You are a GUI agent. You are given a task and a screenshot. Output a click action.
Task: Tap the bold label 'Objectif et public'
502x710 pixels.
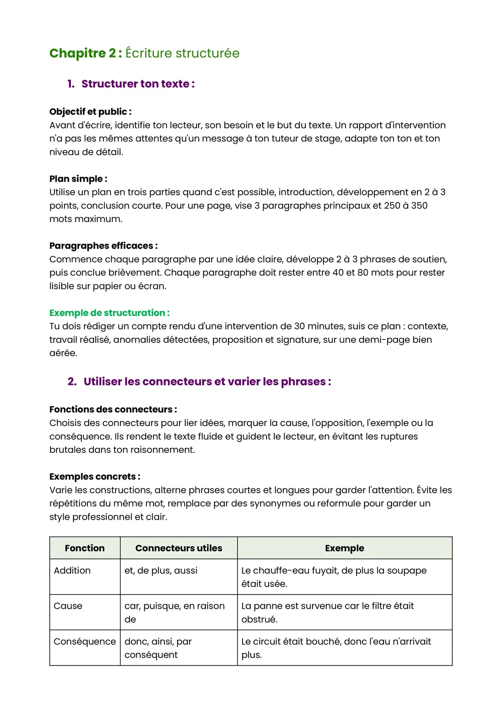90,112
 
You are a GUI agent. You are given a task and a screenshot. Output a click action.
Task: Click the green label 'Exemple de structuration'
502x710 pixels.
109,313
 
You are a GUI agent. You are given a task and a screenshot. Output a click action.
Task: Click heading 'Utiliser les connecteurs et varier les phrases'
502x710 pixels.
207,382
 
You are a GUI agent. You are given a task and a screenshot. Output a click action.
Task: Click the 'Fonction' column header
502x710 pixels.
85,548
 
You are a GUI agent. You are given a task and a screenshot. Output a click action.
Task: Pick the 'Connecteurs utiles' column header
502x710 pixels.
179,548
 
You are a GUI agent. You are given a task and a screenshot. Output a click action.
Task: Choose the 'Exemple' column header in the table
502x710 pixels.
344,548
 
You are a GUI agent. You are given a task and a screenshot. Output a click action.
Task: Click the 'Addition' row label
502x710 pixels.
72,570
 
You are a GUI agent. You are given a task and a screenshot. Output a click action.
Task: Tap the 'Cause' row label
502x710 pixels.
68,606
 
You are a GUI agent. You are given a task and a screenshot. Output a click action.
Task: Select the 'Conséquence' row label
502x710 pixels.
85,641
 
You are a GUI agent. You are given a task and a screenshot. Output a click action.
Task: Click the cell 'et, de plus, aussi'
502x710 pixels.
161,570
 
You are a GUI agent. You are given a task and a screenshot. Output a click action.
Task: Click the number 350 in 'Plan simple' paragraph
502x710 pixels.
419,206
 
